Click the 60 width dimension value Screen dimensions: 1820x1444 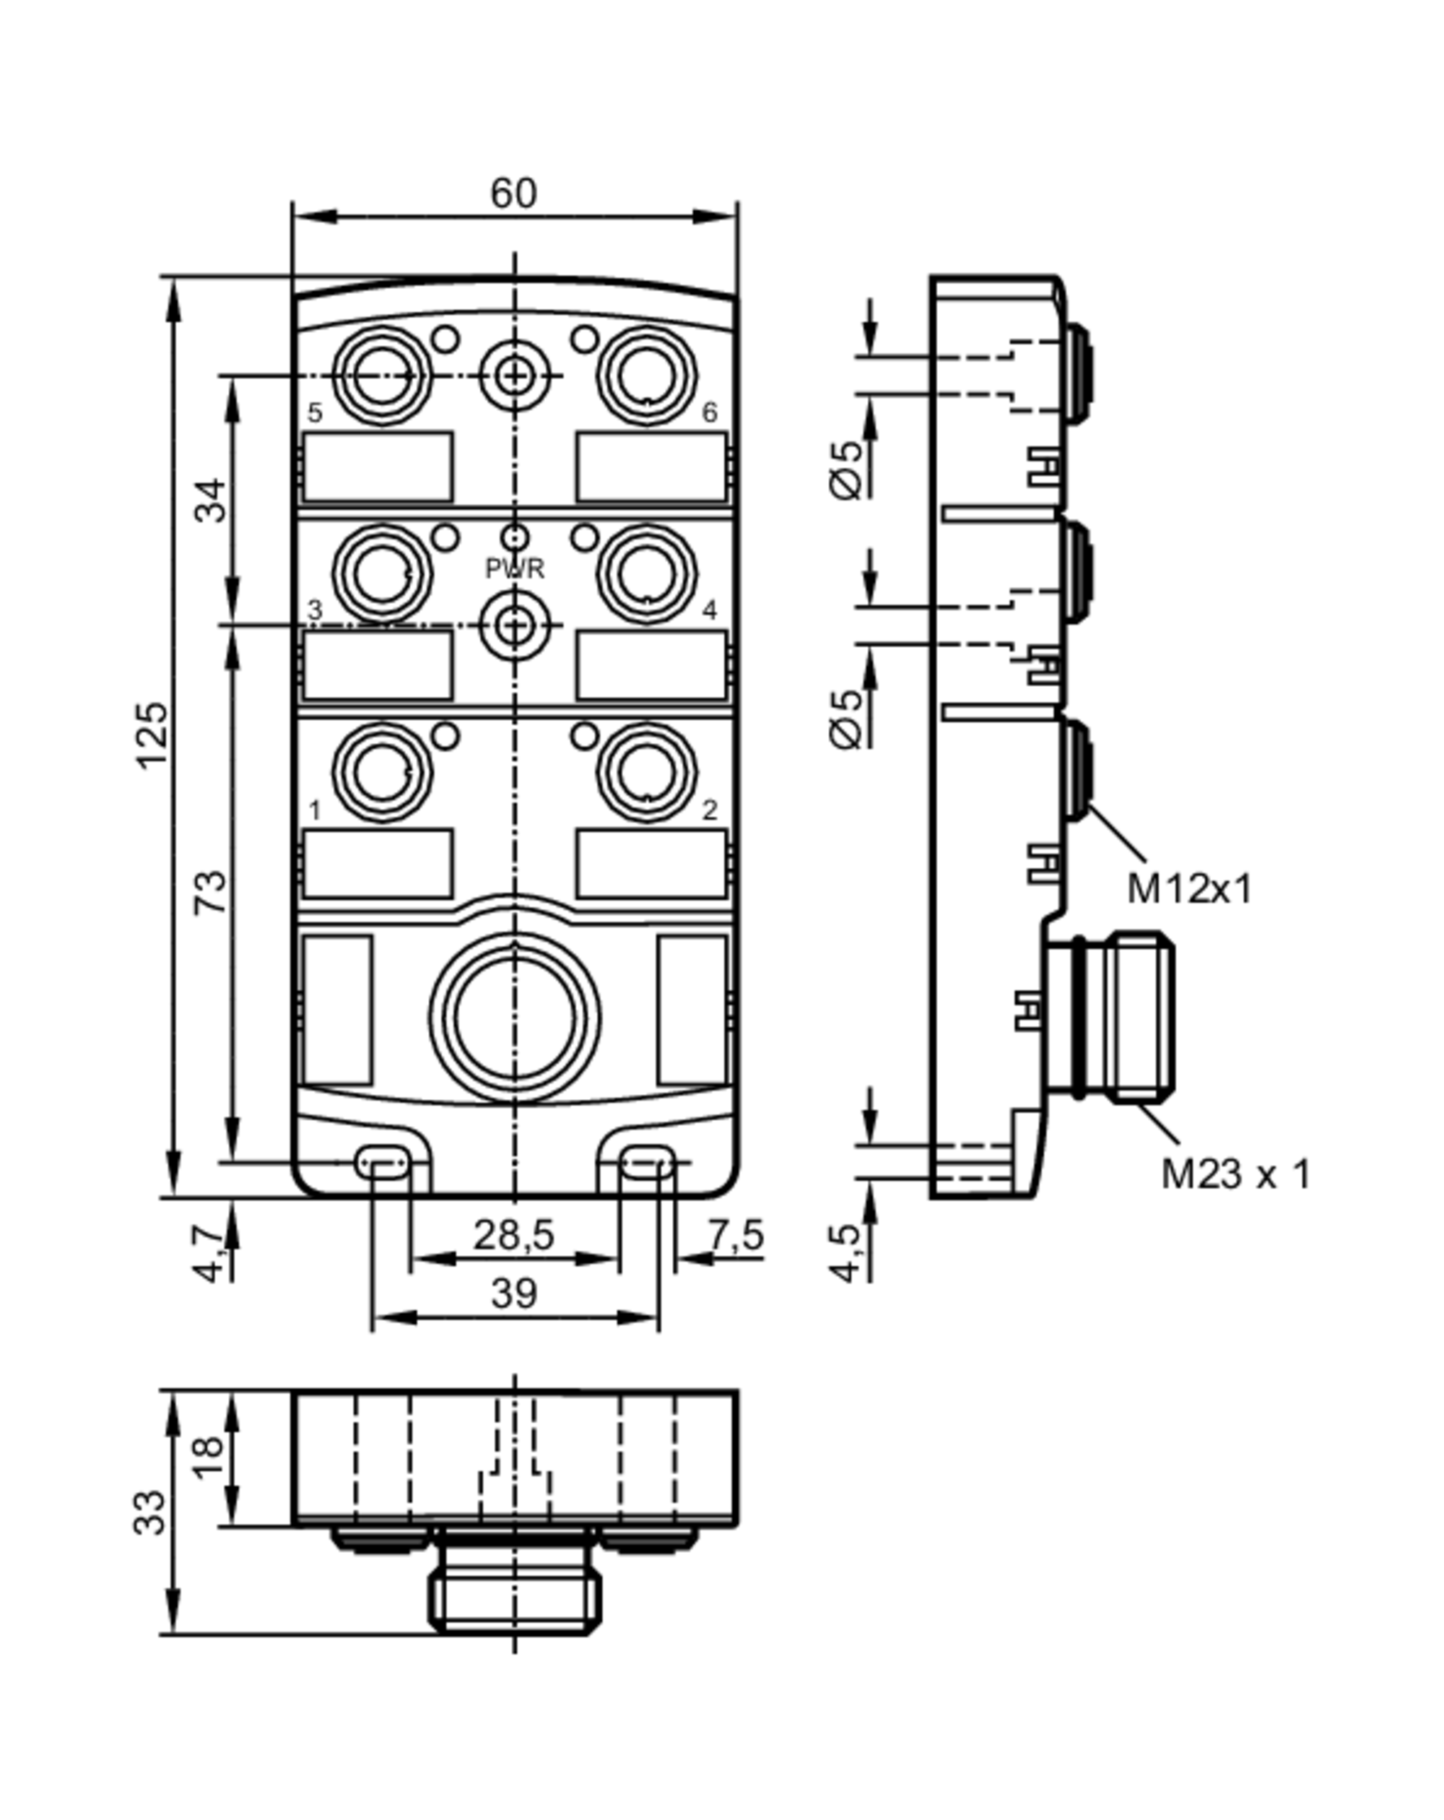click(513, 194)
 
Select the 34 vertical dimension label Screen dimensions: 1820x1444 click(211, 500)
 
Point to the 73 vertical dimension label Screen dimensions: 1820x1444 click(211, 890)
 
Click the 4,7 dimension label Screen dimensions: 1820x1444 click(211, 1256)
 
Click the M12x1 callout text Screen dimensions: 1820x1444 click(1189, 889)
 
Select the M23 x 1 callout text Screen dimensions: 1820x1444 click(1235, 1174)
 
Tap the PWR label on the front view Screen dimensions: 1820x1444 click(514, 569)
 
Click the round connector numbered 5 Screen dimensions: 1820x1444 click(383, 376)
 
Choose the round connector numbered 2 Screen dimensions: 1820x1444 click(646, 771)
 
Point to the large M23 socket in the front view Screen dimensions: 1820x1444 click(514, 1017)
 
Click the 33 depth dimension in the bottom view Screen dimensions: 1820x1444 click(150, 1512)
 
